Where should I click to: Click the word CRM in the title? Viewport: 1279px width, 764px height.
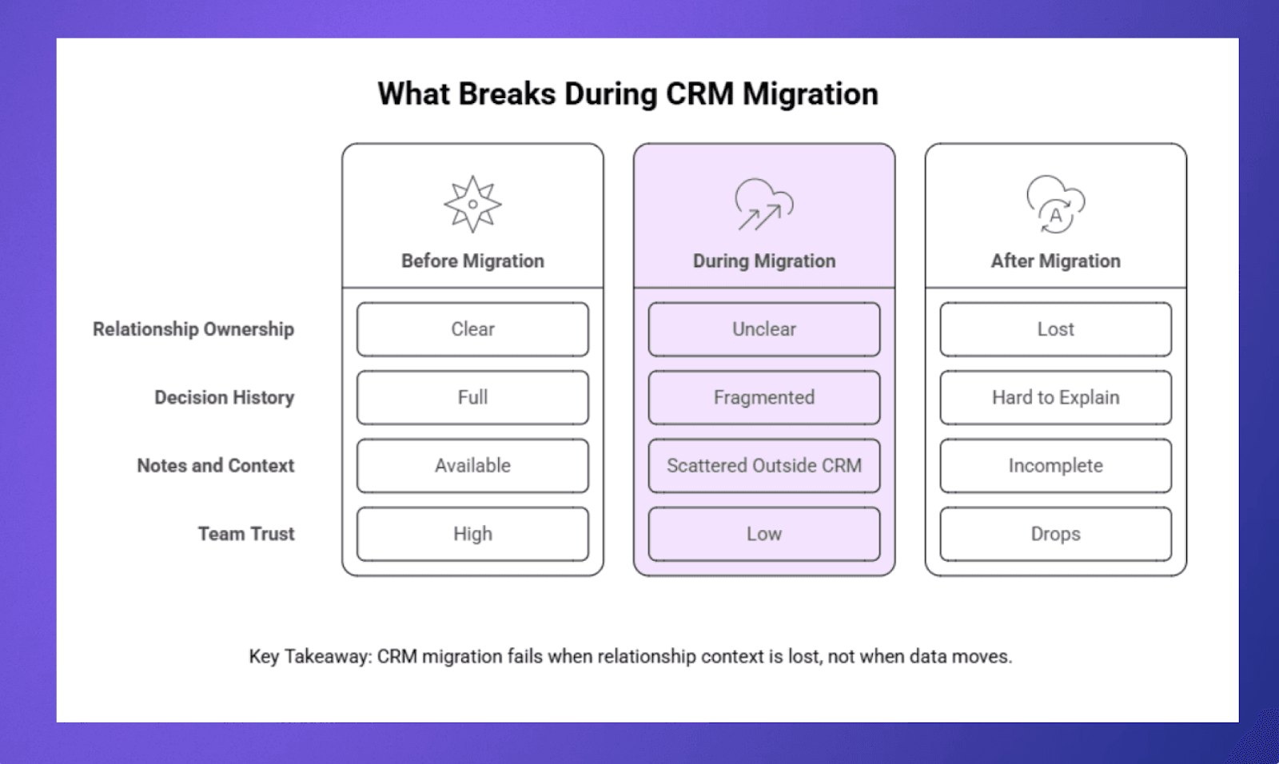point(699,94)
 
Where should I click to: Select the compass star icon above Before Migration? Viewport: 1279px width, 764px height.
point(472,205)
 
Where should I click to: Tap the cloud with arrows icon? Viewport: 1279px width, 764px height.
point(763,205)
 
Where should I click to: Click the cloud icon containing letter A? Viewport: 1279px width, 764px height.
point(1055,205)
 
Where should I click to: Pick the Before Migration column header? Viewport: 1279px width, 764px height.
point(472,261)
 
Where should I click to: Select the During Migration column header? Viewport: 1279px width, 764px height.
point(763,261)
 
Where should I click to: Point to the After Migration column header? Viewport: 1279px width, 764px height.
point(1055,261)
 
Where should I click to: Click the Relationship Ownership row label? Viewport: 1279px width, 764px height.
point(193,329)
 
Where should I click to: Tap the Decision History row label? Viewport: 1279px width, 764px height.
point(224,397)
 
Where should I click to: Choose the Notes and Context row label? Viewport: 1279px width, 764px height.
point(215,466)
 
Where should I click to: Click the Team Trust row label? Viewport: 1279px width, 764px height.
point(246,534)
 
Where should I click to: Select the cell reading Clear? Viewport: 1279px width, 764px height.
point(472,329)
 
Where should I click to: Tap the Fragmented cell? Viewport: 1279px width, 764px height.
point(763,397)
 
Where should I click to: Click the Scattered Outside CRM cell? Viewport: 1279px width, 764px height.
point(763,466)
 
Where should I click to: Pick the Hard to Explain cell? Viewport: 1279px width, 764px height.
point(1055,397)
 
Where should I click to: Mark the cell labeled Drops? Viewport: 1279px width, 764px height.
point(1055,534)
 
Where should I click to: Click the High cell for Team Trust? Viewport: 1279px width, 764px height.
point(472,534)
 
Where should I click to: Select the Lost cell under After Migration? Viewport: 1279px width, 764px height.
point(1055,329)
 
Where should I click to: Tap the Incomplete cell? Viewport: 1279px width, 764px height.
point(1055,466)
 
